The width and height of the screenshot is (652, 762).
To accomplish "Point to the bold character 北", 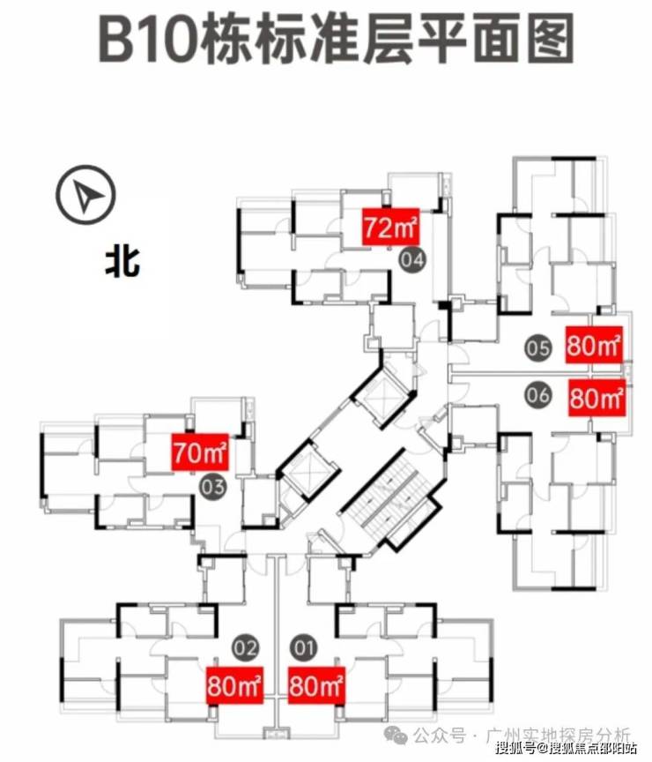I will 122,263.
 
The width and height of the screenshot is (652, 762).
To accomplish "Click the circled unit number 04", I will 412,259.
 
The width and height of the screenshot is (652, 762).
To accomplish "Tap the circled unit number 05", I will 537,347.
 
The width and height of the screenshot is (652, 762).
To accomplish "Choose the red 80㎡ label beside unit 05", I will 596,345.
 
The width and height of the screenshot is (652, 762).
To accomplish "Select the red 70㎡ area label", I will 200,455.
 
